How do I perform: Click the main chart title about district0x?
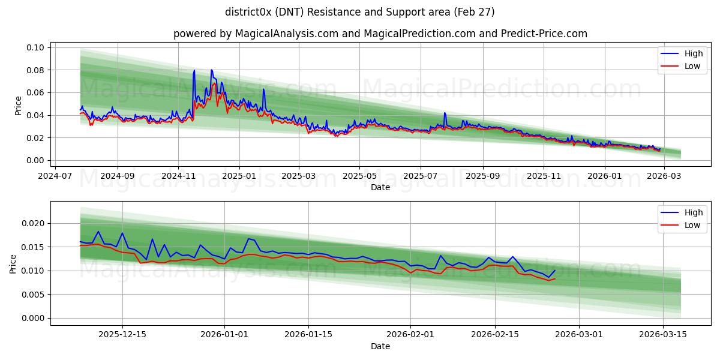click(x=360, y=12)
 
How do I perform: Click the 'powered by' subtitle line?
click(x=380, y=34)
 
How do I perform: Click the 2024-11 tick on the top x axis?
click(x=178, y=176)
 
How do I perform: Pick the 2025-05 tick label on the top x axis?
click(x=359, y=176)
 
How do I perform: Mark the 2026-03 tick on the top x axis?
click(x=664, y=176)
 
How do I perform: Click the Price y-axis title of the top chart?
click(x=18, y=106)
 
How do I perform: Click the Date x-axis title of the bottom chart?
click(x=380, y=346)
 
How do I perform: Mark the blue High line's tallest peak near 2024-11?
click(x=194, y=71)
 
